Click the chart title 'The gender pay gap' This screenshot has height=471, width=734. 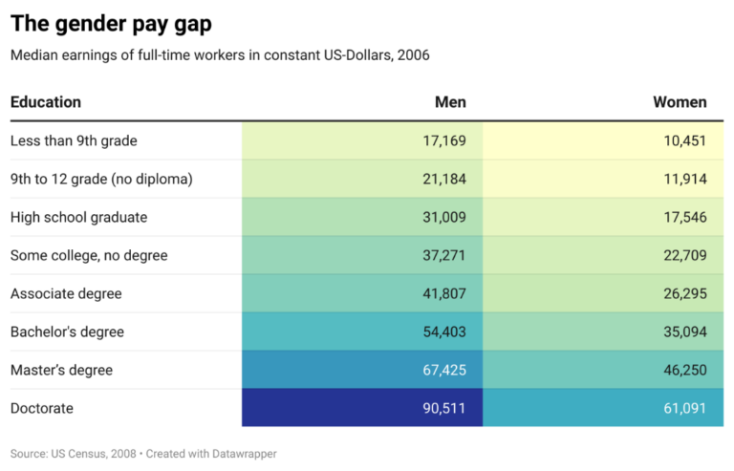pyautogui.click(x=111, y=24)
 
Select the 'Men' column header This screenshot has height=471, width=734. pyautogui.click(x=450, y=102)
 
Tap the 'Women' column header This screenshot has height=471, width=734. pyautogui.click(x=680, y=102)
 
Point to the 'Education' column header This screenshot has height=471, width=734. pyautogui.click(x=46, y=102)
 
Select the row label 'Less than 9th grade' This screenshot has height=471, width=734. pyautogui.click(x=74, y=140)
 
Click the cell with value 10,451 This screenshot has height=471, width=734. pyautogui.click(x=685, y=140)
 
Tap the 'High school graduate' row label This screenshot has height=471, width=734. pyautogui.click(x=78, y=217)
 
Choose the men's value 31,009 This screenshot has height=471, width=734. pyautogui.click(x=444, y=217)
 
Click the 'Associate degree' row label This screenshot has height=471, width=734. pyautogui.click(x=66, y=293)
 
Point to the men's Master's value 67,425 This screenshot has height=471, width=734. pyautogui.click(x=444, y=370)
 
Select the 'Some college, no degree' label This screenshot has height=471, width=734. pyautogui.click(x=89, y=255)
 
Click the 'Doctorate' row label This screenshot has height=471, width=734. pyautogui.click(x=42, y=408)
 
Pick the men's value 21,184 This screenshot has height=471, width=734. pyautogui.click(x=444, y=179)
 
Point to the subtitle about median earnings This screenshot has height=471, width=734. pyautogui.click(x=220, y=55)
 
